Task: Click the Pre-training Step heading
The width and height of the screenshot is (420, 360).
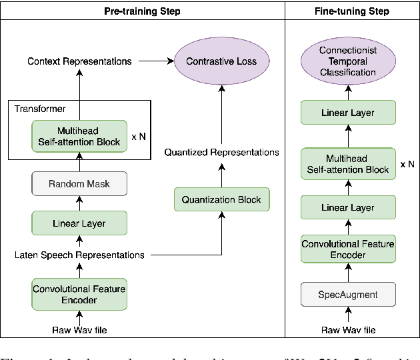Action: pos(142,11)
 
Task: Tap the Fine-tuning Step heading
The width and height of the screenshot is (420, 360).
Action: pos(352,11)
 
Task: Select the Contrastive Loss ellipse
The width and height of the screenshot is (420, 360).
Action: pos(221,61)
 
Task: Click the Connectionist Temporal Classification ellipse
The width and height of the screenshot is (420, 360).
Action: pos(347,61)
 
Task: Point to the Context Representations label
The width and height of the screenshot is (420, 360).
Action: pos(79,61)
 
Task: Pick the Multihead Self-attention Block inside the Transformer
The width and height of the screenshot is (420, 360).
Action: pos(79,135)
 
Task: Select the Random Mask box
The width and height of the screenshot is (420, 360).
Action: pos(79,184)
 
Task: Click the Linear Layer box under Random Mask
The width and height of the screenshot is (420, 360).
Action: pos(79,223)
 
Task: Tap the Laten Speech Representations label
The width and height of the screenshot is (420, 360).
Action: pos(79,255)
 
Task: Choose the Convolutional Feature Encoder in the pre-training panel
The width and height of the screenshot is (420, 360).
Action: pos(79,294)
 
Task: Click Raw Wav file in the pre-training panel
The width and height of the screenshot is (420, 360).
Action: pos(79,330)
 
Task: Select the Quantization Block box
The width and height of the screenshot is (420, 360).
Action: pos(221,199)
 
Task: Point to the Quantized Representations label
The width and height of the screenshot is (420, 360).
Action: pos(221,153)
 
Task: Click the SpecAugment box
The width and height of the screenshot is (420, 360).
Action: pos(348,294)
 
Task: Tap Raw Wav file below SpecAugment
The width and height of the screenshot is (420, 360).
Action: pos(348,330)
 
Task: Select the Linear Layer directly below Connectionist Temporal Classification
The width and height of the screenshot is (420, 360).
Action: pos(348,113)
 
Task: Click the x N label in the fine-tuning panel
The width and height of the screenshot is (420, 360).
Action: pos(407,164)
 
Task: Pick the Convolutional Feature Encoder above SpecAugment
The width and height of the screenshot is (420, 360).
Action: pos(348,249)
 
